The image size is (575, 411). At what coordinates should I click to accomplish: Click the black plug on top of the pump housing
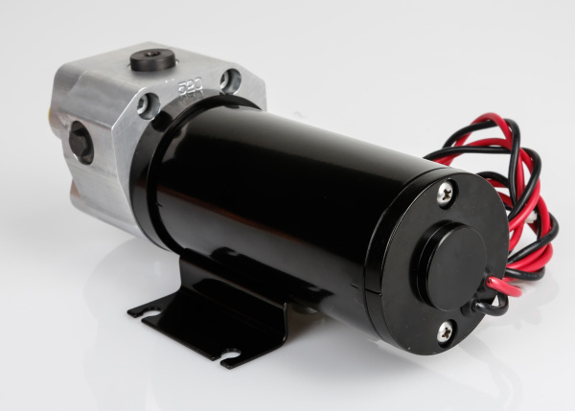point(152,59)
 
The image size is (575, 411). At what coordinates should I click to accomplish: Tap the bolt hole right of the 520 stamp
point(230,80)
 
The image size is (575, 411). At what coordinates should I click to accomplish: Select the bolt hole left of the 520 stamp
point(146,104)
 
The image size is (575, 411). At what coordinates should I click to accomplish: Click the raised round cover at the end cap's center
point(453,264)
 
